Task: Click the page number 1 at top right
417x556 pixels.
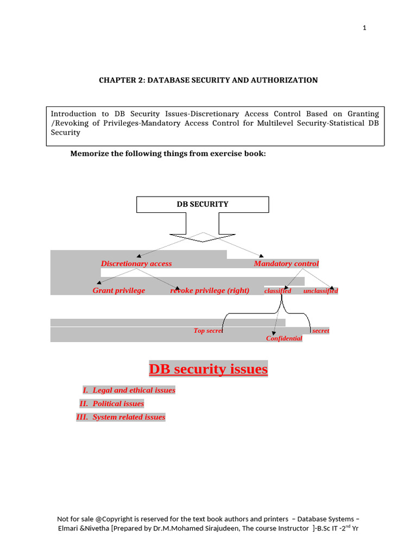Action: click(365, 29)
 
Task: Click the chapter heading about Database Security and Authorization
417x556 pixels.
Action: click(208, 80)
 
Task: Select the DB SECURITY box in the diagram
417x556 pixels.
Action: click(203, 204)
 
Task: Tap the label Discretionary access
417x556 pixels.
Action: click(136, 264)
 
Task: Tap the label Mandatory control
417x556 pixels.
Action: click(286, 264)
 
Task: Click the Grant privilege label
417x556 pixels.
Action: click(119, 290)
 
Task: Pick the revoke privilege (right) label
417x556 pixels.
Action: click(210, 290)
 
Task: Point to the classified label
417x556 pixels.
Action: click(277, 291)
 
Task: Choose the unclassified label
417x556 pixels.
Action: click(320, 291)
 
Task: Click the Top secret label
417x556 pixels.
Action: click(208, 331)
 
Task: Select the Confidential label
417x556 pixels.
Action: click(284, 339)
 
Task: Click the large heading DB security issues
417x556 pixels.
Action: click(208, 370)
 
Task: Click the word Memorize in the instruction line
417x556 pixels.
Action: click(89, 154)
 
